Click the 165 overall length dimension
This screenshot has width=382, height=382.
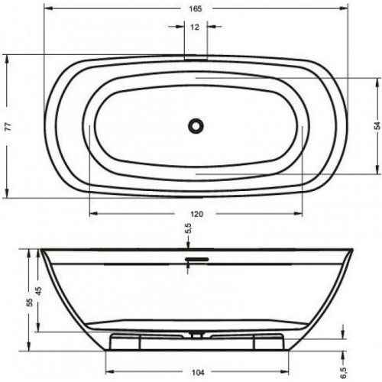click(x=196, y=9)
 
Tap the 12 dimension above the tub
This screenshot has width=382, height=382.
click(x=195, y=27)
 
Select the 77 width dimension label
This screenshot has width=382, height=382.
click(x=8, y=127)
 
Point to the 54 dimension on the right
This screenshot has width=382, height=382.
click(x=377, y=126)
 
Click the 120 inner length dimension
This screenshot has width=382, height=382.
click(x=197, y=214)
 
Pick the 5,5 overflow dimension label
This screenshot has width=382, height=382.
click(x=189, y=228)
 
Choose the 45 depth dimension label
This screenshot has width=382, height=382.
click(x=38, y=291)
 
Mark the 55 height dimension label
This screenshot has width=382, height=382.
click(x=30, y=303)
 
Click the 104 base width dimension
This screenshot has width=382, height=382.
click(x=198, y=373)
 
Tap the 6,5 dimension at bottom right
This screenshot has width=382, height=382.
click(x=344, y=373)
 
